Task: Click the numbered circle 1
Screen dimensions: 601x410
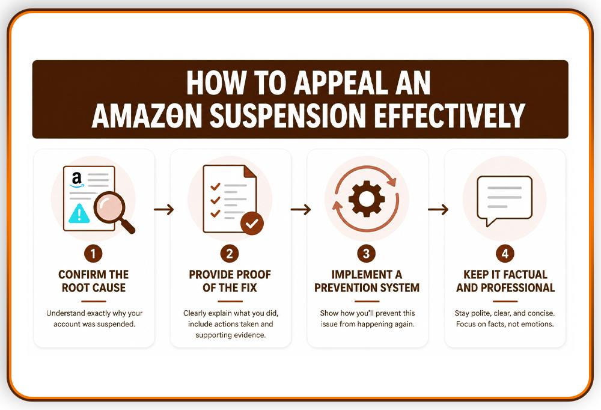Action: point(93,254)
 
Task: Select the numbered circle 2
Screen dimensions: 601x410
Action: point(230,254)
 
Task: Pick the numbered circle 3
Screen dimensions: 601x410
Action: point(367,254)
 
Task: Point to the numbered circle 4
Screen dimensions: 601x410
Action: point(505,254)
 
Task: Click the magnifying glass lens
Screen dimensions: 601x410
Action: point(110,207)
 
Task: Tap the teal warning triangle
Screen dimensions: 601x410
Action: point(79,213)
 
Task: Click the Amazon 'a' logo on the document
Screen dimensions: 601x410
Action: point(77,180)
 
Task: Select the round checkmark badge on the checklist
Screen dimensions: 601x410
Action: point(252,223)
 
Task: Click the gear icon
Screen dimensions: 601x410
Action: point(367,198)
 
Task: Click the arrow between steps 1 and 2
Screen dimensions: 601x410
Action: point(163,209)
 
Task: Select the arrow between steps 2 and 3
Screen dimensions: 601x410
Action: point(300,209)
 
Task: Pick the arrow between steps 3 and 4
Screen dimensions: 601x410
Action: point(438,209)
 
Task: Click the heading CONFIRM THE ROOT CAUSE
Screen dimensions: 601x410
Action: point(94,281)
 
